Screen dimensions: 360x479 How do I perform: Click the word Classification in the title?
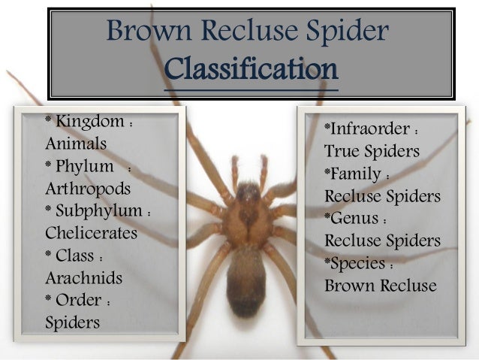click(251, 70)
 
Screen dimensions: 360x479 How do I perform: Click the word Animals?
click(76, 144)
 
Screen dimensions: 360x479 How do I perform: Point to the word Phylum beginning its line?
click(85, 166)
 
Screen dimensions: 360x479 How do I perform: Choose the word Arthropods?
click(88, 188)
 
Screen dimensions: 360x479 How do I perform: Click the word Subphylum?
click(99, 210)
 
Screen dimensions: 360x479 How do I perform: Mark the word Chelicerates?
click(92, 233)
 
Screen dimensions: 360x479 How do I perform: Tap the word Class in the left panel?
click(79, 256)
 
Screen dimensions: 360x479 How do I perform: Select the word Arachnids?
click(83, 277)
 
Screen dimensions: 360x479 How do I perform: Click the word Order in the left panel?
click(79, 300)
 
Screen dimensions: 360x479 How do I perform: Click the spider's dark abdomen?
click(246, 282)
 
